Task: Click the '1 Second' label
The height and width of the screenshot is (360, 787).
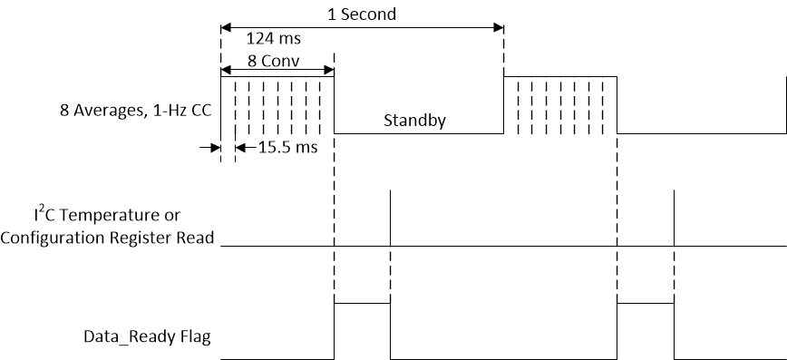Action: [x=361, y=15]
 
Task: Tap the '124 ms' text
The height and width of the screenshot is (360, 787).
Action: [x=274, y=39]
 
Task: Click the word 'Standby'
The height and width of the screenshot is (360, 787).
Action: [x=414, y=120]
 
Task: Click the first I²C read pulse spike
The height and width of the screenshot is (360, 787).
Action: [x=390, y=218]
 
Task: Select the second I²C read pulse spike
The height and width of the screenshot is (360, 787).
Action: [x=674, y=218]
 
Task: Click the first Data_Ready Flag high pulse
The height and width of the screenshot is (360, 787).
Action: [x=362, y=304]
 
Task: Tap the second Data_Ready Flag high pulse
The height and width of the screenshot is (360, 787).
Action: [x=645, y=304]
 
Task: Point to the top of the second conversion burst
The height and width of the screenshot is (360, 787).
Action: [x=560, y=77]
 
